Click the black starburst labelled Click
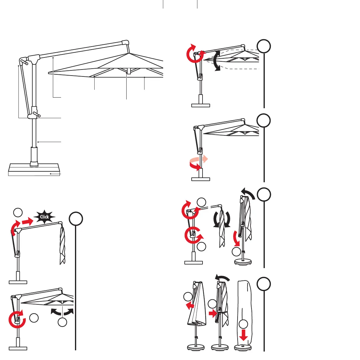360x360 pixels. [x=44, y=217]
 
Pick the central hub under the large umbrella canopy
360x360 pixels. [x=128, y=71]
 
